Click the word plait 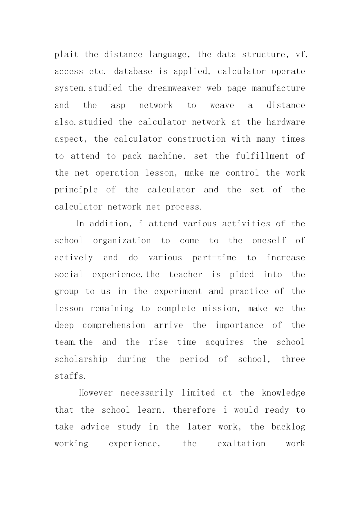point(66,55)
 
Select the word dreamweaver point(174,88)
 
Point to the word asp point(118,105)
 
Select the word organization point(122,241)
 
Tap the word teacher point(186,275)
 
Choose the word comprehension point(114,325)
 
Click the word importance point(239,325)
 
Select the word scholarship point(81,359)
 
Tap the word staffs point(70,376)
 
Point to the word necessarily point(147,393)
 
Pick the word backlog point(288,427)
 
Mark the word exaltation point(241,444)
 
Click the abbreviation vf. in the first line point(301,55)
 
